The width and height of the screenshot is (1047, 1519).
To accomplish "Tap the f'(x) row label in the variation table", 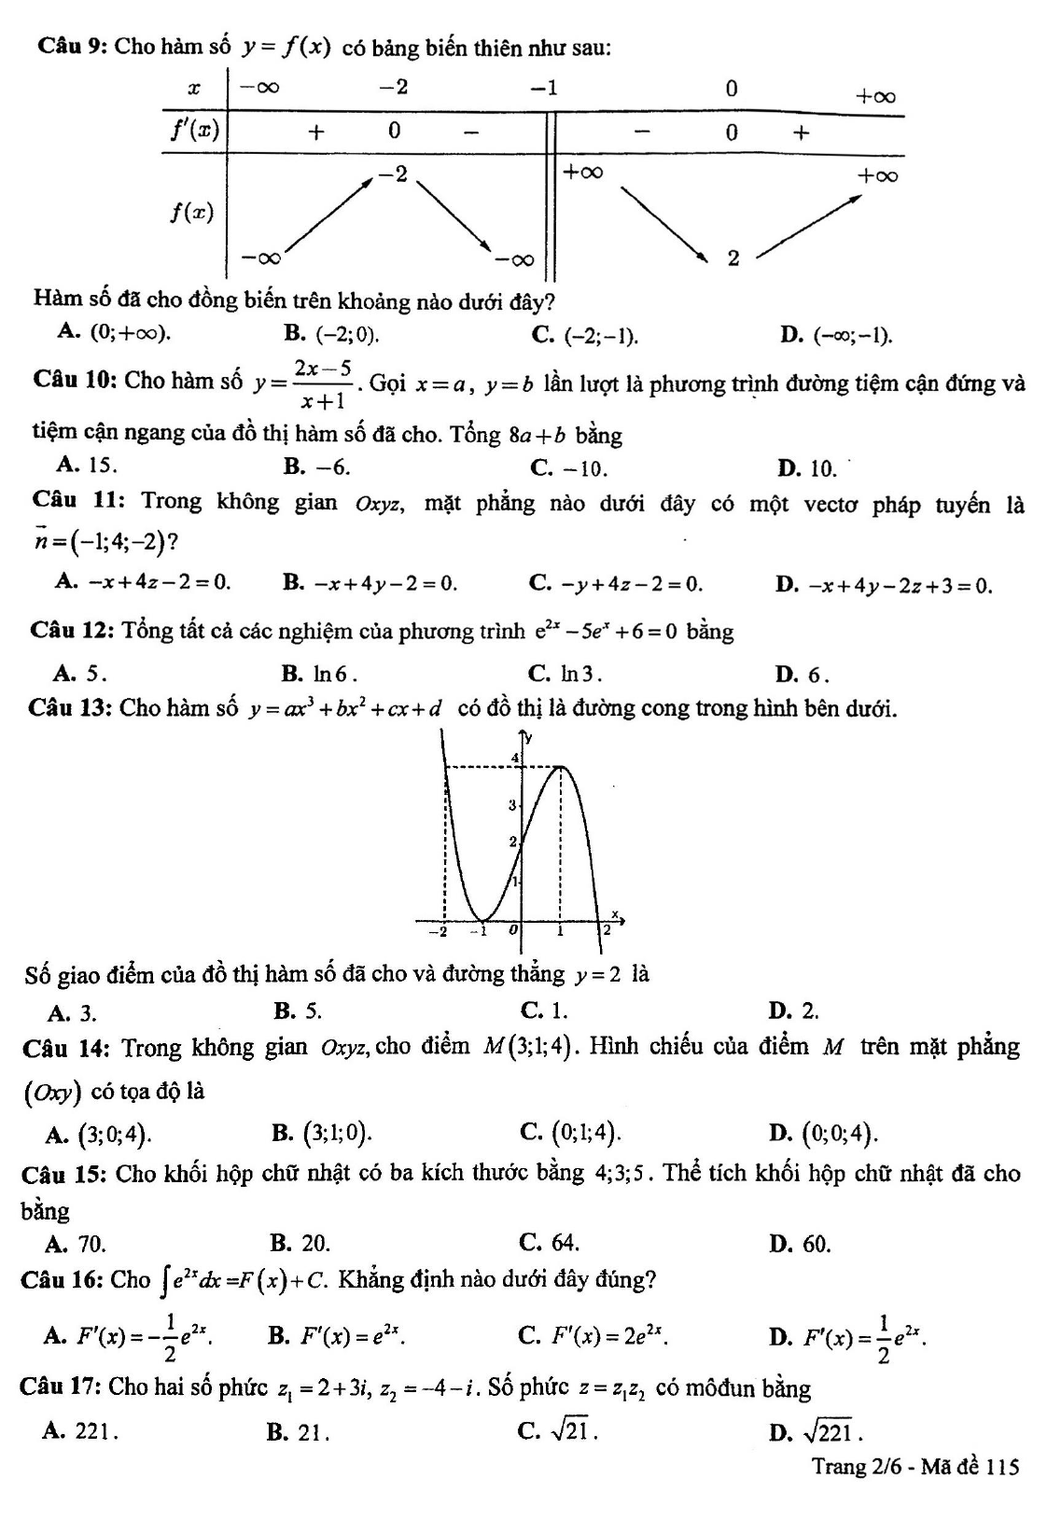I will [x=194, y=131].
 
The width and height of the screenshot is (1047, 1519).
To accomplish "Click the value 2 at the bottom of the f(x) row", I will [x=733, y=258].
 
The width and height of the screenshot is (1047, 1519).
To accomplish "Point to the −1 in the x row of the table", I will [x=544, y=89].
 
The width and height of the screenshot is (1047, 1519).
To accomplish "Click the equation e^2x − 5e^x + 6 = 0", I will [x=607, y=632].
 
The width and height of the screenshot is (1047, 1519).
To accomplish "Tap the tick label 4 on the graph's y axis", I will [x=513, y=759].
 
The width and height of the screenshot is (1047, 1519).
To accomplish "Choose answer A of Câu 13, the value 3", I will [x=77, y=1012].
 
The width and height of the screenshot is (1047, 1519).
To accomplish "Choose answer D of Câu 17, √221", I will [x=822, y=1430].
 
